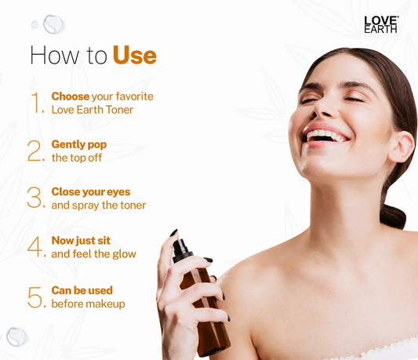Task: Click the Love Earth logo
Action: pos(381,24)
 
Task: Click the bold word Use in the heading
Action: pos(135,55)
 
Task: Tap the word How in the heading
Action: pos(55,55)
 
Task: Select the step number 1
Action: pos(38,103)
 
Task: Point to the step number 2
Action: pos(36,151)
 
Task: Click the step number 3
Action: pos(36,198)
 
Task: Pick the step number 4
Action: pos(36,246)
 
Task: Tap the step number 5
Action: pos(36,297)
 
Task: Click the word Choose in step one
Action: pos(71,96)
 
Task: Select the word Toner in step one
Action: pos(119,110)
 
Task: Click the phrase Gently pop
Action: pos(79,145)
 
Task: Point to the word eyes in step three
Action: pos(119,192)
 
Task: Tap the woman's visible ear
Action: pos(402,147)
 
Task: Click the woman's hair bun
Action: pos(393,216)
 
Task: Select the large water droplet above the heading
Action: pos(53,24)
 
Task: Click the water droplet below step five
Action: pos(16,336)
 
